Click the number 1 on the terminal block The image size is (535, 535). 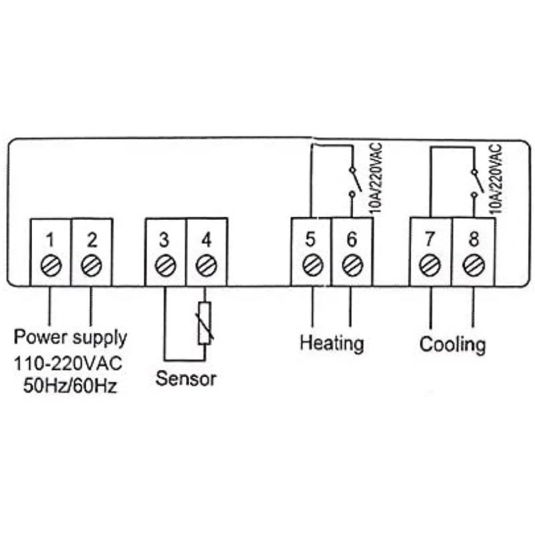[x=51, y=237]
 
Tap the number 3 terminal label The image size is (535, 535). [x=165, y=237]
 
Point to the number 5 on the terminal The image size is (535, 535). [x=310, y=237]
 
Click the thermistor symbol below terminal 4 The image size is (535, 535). [x=205, y=323]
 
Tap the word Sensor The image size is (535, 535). [x=186, y=379]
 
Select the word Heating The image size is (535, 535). [x=332, y=343]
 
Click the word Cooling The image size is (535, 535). [x=452, y=345]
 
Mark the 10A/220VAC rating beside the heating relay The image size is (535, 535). [x=374, y=177]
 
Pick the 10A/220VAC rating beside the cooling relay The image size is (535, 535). [x=496, y=177]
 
